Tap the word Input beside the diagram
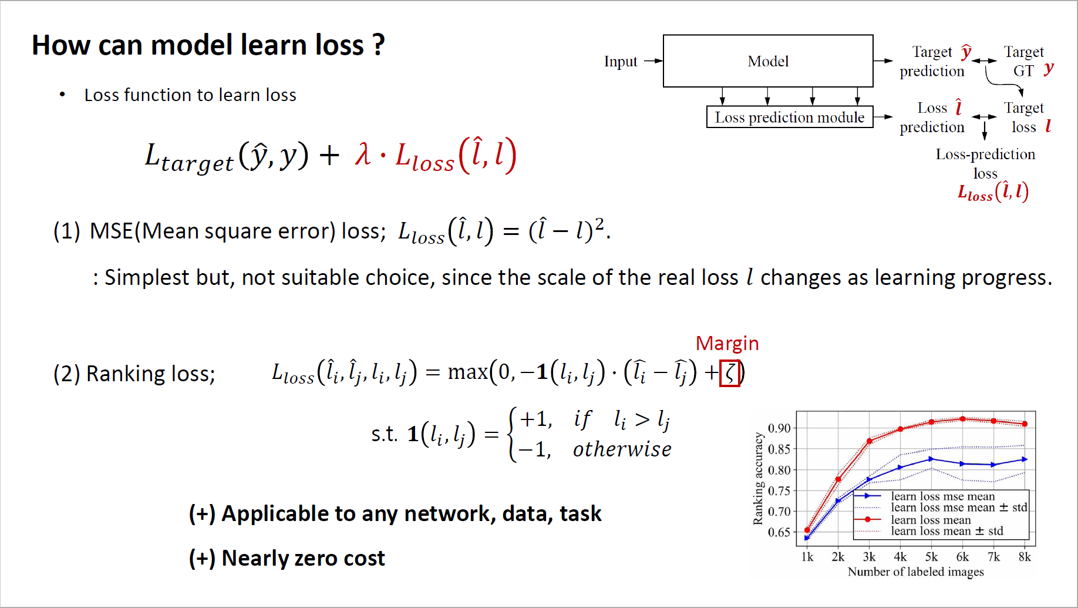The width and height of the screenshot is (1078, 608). pyautogui.click(x=621, y=62)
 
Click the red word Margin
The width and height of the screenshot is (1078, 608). pyautogui.click(x=727, y=343)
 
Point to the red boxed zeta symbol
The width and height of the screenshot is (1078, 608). pyautogui.click(x=730, y=373)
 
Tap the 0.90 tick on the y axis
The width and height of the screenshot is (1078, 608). pyautogui.click(x=779, y=428)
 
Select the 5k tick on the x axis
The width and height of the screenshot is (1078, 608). pyautogui.click(x=931, y=557)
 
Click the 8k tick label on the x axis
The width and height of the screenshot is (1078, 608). pyautogui.click(x=1025, y=557)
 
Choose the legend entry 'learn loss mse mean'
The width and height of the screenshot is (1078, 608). pyautogui.click(x=942, y=496)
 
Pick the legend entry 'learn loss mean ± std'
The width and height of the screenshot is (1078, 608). pyautogui.click(x=947, y=531)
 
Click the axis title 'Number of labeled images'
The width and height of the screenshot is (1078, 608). pyautogui.click(x=915, y=572)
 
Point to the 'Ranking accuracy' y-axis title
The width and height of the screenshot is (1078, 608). pyautogui.click(x=758, y=479)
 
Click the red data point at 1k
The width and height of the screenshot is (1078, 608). pyautogui.click(x=807, y=530)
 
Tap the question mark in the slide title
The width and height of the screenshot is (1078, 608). pyautogui.click(x=378, y=45)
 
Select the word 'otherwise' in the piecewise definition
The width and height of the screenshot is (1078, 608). pyautogui.click(x=622, y=449)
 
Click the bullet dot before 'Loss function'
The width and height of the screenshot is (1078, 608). pyautogui.click(x=62, y=95)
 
